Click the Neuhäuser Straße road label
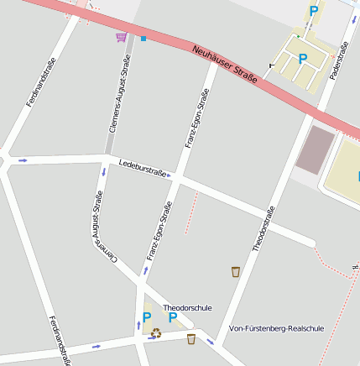tap(223, 65)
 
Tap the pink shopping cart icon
tap(122, 37)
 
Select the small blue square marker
tap(143, 39)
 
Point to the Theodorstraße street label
tap(263, 229)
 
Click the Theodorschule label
tap(186, 307)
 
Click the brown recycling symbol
tap(156, 332)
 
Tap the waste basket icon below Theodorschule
tap(192, 338)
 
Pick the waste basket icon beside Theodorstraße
tap(235, 271)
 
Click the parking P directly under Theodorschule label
tap(173, 318)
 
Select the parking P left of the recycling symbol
tap(146, 317)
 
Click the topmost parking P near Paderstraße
tap(314, 11)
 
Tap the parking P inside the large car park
tap(302, 59)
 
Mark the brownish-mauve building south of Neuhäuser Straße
tap(315, 149)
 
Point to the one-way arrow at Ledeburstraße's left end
tap(22, 159)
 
